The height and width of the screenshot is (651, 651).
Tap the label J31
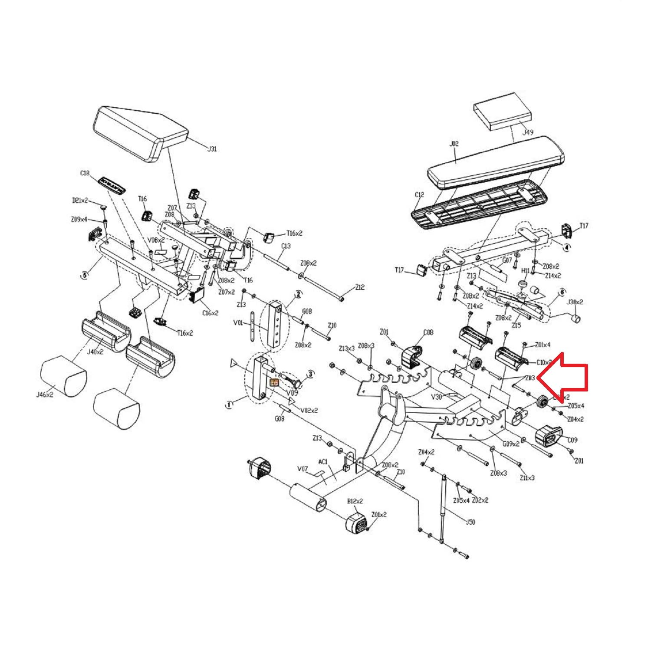point(211,149)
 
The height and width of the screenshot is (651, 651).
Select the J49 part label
point(527,132)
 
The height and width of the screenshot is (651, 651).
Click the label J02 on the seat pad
point(454,143)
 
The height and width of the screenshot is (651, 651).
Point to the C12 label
point(419,195)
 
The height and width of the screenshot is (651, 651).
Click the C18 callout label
point(85,173)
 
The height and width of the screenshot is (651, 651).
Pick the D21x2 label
point(79,200)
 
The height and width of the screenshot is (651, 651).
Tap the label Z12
point(359,287)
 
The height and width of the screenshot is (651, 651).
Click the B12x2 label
point(355,501)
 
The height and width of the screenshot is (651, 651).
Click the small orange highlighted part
point(275,382)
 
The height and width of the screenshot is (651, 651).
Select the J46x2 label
point(45,395)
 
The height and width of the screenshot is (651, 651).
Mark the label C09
point(572,440)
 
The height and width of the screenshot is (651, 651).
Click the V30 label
point(436,396)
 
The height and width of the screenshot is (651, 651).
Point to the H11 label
point(525,271)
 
